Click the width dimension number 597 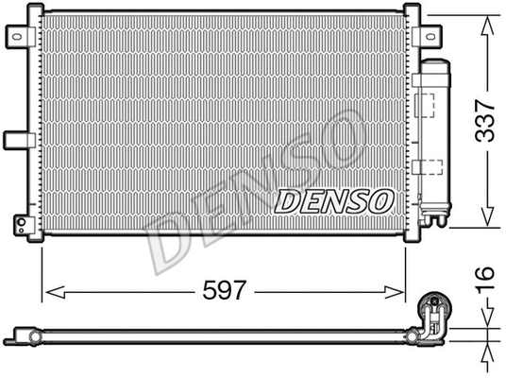point(227,291)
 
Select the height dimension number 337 point(484,122)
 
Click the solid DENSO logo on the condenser point(333,200)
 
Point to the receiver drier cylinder point(436,137)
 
